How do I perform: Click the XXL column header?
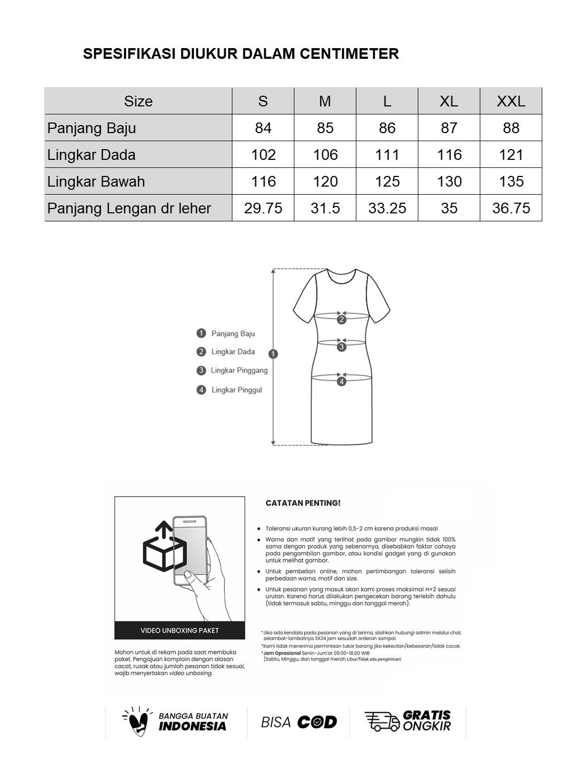(511, 101)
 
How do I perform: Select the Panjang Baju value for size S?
(263, 128)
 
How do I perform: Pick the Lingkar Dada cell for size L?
(387, 155)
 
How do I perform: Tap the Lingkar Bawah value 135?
(511, 181)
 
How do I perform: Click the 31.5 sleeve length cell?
(325, 208)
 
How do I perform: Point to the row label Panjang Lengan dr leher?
(129, 208)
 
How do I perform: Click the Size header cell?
(138, 101)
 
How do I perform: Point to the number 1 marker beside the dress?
(274, 353)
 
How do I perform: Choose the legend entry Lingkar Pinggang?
(239, 371)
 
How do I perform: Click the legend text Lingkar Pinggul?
(237, 390)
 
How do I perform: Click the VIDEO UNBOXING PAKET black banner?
(180, 630)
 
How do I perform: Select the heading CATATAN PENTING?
(303, 503)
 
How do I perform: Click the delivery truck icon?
(381, 721)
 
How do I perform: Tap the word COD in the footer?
(317, 722)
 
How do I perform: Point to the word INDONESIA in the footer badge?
(192, 727)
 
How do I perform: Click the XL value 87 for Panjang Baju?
(449, 128)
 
